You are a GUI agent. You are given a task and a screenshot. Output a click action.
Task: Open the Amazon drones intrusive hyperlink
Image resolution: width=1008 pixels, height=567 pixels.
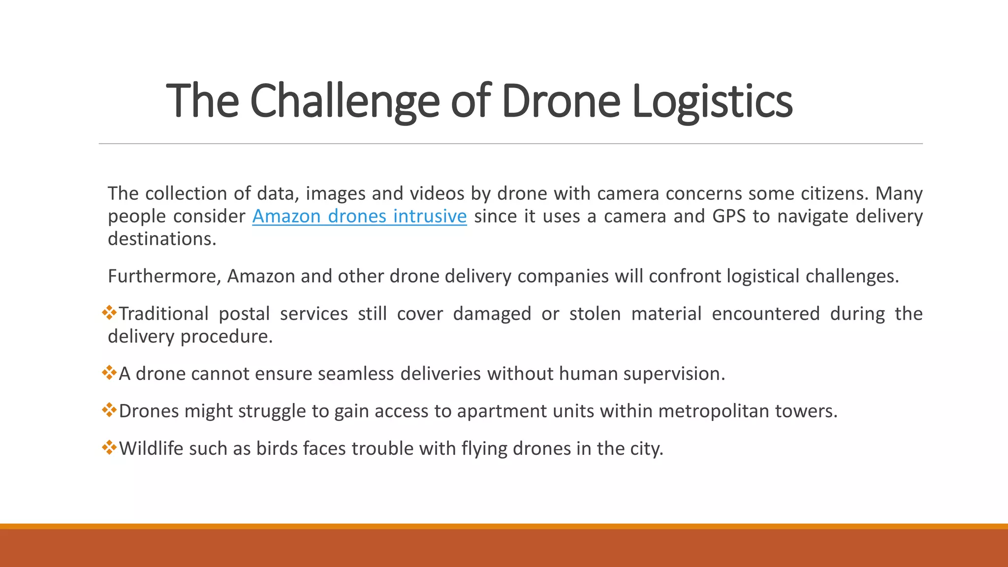[359, 217]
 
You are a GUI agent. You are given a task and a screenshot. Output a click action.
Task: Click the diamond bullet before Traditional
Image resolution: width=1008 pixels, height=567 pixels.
[109, 313]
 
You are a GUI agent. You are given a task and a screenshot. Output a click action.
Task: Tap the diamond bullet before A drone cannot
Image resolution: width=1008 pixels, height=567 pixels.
[109, 373]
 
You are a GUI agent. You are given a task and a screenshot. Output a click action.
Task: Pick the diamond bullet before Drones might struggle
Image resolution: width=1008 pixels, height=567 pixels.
[109, 410]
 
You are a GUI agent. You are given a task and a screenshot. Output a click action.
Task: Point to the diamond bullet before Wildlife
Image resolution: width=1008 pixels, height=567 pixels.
[109, 447]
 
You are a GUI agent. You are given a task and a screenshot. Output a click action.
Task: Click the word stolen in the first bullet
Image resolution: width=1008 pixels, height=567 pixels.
[595, 314]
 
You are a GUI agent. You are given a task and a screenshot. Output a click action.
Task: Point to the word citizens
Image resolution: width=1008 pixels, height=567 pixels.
[835, 194]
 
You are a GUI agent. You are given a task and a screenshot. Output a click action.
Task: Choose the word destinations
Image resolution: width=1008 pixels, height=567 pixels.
[162, 239]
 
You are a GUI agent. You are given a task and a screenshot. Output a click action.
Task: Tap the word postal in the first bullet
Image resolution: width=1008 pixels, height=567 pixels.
[244, 314]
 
